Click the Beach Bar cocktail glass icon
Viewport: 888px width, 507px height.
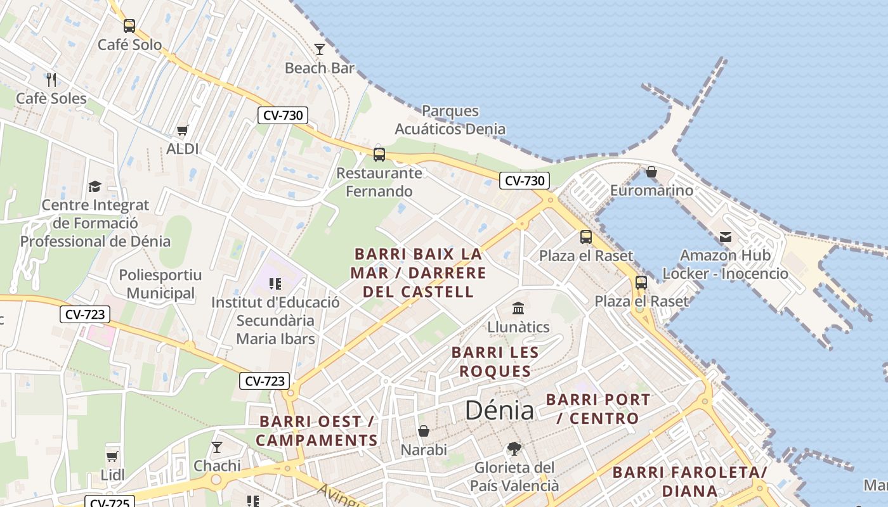pyautogui.click(x=320, y=49)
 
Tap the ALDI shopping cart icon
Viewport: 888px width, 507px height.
pyautogui.click(x=183, y=131)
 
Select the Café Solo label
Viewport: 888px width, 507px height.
pyautogui.click(x=129, y=45)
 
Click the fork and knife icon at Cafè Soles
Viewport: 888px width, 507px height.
pyautogui.click(x=51, y=79)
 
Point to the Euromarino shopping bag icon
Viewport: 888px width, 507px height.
pyautogui.click(x=651, y=172)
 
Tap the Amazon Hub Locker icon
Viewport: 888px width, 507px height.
pyautogui.click(x=725, y=237)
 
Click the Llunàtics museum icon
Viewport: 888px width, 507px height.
pyautogui.click(x=518, y=308)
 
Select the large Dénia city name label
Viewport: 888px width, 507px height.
pyautogui.click(x=499, y=411)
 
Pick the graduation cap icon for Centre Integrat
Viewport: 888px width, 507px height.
pyautogui.click(x=95, y=186)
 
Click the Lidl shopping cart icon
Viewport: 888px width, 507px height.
pyautogui.click(x=112, y=456)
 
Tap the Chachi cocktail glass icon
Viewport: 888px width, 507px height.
pyautogui.click(x=217, y=447)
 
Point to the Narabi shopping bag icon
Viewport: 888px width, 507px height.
pyautogui.click(x=424, y=431)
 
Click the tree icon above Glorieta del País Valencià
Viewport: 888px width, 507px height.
pyautogui.click(x=514, y=449)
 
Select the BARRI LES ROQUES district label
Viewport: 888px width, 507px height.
pyautogui.click(x=495, y=362)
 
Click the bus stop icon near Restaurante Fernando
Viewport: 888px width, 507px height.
pyautogui.click(x=379, y=154)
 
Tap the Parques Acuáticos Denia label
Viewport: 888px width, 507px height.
pyautogui.click(x=450, y=120)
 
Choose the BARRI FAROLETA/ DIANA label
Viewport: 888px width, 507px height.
pyautogui.click(x=690, y=481)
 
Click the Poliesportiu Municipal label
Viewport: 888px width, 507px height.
pyautogui.click(x=160, y=284)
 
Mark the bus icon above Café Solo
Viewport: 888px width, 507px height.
pyautogui.click(x=129, y=26)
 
